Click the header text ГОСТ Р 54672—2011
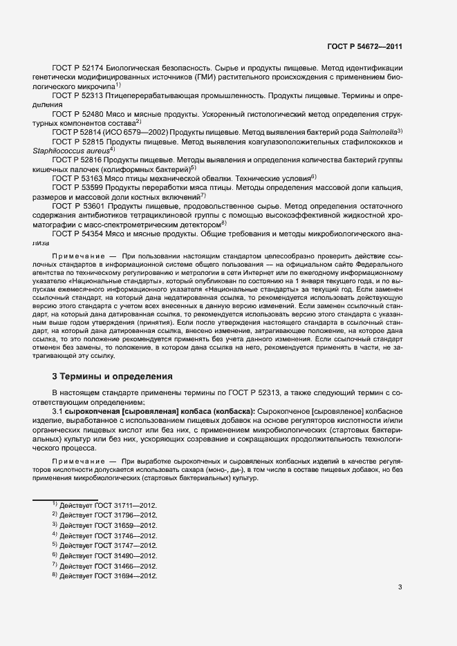[364, 48]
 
